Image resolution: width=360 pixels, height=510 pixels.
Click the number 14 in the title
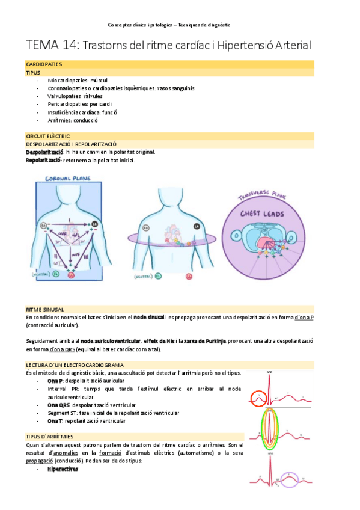(68, 46)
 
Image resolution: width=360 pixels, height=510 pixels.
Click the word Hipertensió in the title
(242, 46)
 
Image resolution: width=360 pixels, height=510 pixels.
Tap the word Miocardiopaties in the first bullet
(67, 80)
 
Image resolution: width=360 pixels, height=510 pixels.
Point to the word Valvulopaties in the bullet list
(66, 96)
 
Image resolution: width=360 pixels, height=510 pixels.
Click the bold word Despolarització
(43, 152)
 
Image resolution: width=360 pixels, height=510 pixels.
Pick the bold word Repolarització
(43, 160)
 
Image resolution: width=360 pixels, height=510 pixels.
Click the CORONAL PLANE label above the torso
(67, 178)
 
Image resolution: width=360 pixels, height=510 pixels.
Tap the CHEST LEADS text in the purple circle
(257, 214)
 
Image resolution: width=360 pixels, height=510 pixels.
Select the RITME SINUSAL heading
(45, 309)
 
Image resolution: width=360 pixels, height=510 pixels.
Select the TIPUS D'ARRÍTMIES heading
(50, 436)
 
